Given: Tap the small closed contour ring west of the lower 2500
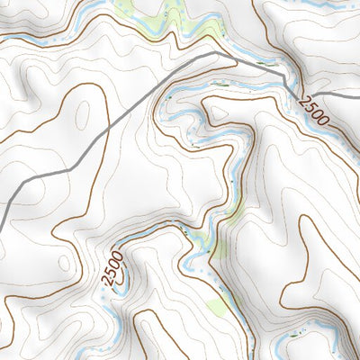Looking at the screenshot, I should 65,262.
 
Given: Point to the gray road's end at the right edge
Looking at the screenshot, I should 358,95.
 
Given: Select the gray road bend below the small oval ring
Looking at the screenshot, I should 70,168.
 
